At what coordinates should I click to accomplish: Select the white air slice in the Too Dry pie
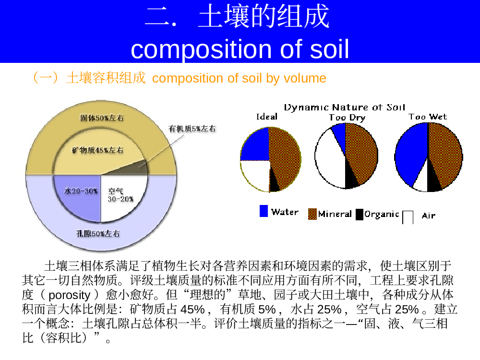(329, 159)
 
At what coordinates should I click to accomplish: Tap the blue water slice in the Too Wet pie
(410, 153)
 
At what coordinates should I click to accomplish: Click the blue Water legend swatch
(264, 211)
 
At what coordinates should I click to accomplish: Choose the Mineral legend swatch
(312, 214)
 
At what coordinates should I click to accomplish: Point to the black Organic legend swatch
(360, 214)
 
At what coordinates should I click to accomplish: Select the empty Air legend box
(408, 217)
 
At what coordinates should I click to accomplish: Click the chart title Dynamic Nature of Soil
(344, 107)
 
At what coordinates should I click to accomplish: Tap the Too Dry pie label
(347, 118)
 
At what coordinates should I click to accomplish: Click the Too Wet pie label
(428, 117)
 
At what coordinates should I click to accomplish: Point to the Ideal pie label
(267, 117)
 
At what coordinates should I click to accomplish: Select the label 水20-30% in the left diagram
(81, 191)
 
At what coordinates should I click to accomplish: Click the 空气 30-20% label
(120, 195)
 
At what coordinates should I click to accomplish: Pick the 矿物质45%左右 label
(97, 150)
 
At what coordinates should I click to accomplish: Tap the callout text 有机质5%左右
(192, 129)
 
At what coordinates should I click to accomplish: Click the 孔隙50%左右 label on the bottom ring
(98, 234)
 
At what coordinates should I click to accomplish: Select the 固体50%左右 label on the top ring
(102, 118)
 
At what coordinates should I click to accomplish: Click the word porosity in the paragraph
(70, 295)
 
